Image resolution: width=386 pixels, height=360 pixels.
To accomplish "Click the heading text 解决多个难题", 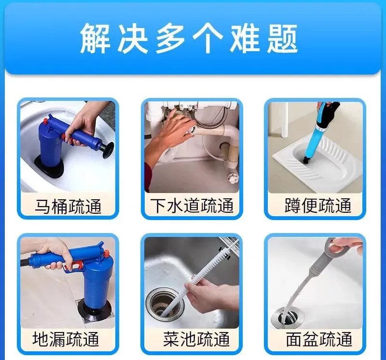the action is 189,39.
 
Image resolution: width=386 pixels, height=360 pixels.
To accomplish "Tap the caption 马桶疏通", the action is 68,206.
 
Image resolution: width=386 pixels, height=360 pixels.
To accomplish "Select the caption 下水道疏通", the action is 192,206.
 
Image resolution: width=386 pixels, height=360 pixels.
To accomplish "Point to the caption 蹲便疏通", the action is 318,206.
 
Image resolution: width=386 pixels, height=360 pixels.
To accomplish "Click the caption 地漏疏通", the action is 66,339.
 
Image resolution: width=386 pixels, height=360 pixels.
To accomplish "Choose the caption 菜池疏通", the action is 196,339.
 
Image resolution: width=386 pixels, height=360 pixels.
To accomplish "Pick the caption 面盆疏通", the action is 319,339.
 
